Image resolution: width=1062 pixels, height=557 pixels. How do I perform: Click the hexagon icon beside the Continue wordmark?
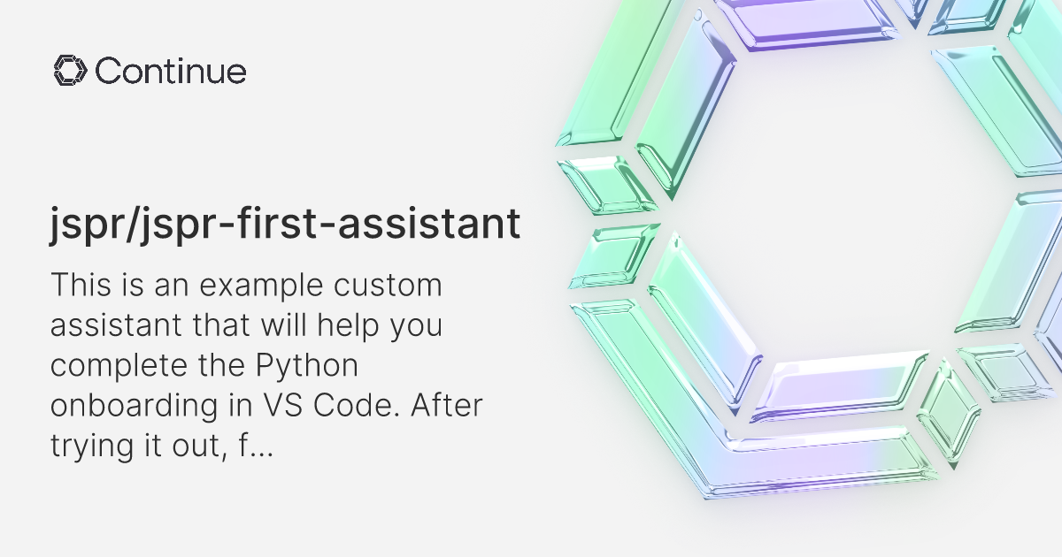pyautogui.click(x=70, y=71)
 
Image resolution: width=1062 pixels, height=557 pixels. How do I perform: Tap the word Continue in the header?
pyautogui.click(x=171, y=71)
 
